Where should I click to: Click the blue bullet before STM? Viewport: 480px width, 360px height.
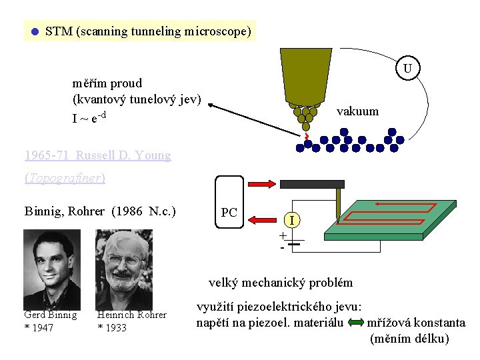point(35,31)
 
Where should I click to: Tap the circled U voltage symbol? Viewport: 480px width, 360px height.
point(407,69)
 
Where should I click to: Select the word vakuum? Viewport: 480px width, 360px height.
point(357,111)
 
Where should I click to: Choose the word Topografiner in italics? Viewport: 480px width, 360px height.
point(65,178)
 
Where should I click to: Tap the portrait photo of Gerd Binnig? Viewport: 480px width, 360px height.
point(52,269)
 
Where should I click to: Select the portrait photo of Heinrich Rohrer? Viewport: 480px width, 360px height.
point(123,269)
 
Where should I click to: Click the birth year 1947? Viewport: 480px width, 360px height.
point(45,327)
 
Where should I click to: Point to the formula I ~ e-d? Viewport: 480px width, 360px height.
point(90,118)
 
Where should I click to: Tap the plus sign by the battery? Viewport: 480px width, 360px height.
point(283,235)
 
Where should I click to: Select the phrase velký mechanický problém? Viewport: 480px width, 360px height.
point(281,282)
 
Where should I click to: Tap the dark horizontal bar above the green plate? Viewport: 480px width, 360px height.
point(312,184)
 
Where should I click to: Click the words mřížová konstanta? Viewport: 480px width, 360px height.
point(417,323)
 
